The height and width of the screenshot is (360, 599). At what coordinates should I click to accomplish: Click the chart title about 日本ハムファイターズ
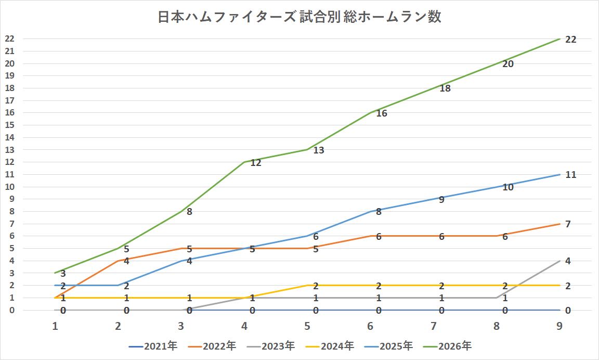pos(299,17)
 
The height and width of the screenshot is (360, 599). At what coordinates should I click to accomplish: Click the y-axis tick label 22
pos(9,39)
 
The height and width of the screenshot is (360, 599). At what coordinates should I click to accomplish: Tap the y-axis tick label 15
pos(9,125)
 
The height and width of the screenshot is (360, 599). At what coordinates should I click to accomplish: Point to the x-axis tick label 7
pos(433,326)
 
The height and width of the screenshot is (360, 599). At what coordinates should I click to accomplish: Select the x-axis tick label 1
pos(55,326)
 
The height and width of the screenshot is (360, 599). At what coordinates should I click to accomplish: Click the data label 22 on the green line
pos(570,40)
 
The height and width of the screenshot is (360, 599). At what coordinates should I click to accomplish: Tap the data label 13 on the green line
pos(319,150)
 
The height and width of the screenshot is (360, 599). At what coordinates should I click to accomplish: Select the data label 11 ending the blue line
pos(570,175)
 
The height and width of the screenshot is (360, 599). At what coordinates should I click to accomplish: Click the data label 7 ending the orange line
pos(568,224)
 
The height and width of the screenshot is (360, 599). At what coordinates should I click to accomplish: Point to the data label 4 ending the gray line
pos(568,261)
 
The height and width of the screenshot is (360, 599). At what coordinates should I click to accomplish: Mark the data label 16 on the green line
pos(381,113)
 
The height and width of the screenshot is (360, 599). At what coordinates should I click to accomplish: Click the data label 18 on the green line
pos(445,88)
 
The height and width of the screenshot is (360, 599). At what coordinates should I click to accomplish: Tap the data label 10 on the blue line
pos(508,187)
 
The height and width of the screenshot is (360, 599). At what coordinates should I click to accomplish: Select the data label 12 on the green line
pos(256,163)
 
